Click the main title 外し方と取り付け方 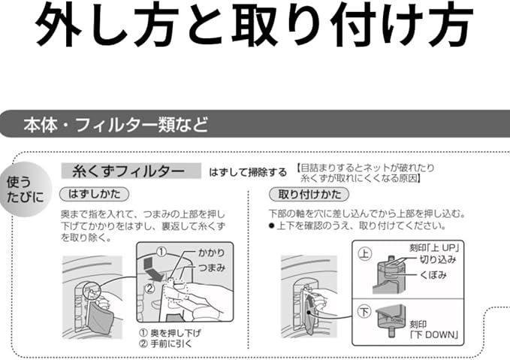pyautogui.click(x=255, y=29)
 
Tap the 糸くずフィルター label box pyautogui.click(x=131, y=171)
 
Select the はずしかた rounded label pyautogui.click(x=91, y=194)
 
